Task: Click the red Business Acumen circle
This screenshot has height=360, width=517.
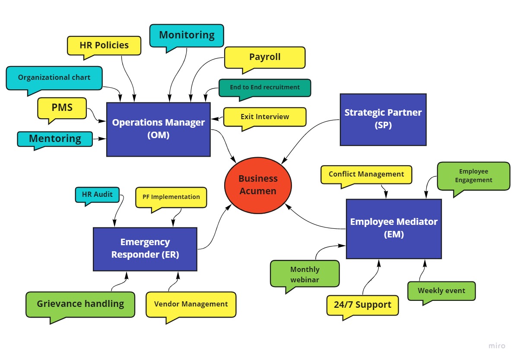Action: pyautogui.click(x=258, y=185)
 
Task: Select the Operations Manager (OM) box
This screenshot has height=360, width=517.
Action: pyautogui.click(x=159, y=129)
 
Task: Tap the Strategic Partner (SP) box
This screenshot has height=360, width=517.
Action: pyautogui.click(x=383, y=119)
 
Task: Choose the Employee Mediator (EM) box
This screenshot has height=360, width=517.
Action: pyautogui.click(x=393, y=228)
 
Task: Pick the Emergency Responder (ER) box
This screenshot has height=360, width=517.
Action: pyautogui.click(x=145, y=249)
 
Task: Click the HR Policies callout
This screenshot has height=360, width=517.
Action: pyautogui.click(x=104, y=45)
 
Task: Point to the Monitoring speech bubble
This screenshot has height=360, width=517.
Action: pyautogui.click(x=187, y=35)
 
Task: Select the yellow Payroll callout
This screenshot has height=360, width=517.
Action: pyautogui.click(x=265, y=57)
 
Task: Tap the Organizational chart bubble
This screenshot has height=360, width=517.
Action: pyautogui.click(x=54, y=78)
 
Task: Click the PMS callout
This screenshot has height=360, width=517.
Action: pyautogui.click(x=62, y=107)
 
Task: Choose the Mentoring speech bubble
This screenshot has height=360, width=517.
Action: pyautogui.click(x=55, y=139)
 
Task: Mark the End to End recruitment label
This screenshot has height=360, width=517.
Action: pyautogui.click(x=265, y=88)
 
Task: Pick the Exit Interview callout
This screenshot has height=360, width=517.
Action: pyautogui.click(x=265, y=117)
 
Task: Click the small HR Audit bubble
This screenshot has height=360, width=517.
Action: pyautogui.click(x=97, y=195)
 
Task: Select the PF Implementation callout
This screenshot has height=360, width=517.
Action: pyautogui.click(x=171, y=197)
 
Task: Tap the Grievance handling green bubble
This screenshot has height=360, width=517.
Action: pyautogui.click(x=80, y=304)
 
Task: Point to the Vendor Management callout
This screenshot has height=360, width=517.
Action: pyautogui.click(x=191, y=304)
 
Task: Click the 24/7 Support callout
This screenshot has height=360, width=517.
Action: pyautogui.click(x=362, y=305)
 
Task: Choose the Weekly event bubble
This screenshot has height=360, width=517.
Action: pyautogui.click(x=441, y=291)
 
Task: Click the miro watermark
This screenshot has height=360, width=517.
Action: pyautogui.click(x=497, y=346)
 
